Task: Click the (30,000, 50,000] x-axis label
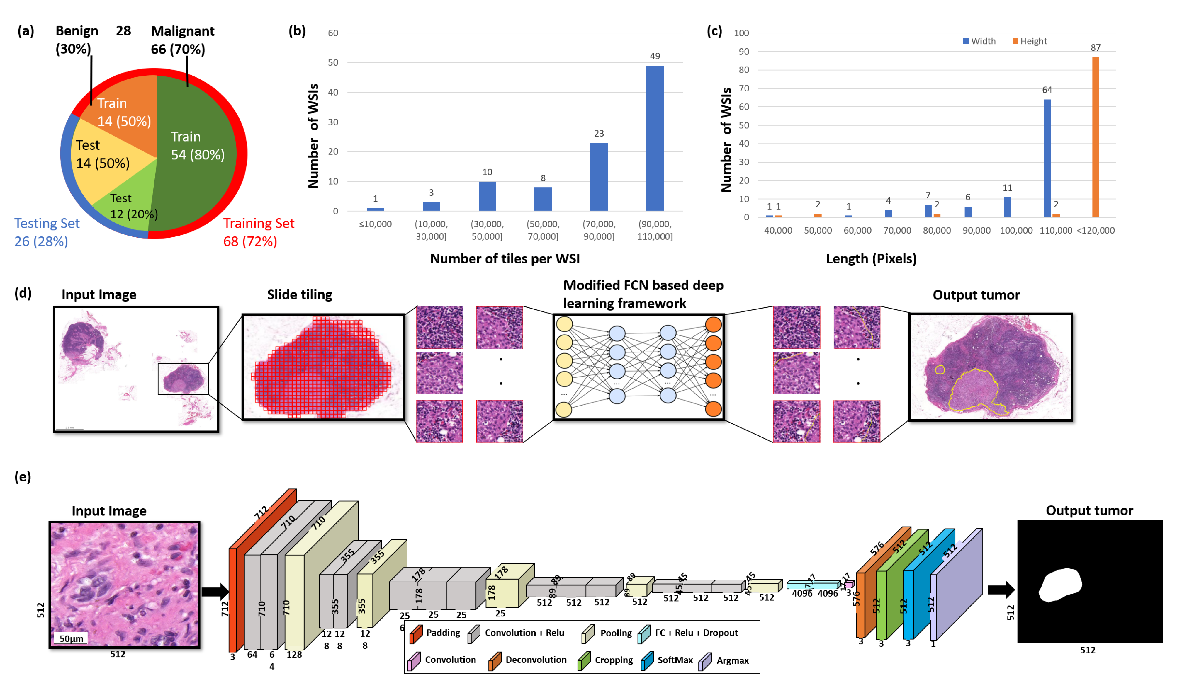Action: tap(487, 230)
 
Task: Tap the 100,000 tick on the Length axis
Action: tap(1016, 230)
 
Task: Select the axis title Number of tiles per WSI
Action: tap(505, 259)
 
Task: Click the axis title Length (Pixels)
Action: tap(871, 259)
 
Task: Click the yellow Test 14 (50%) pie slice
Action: tap(103, 155)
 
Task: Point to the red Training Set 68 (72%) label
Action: tap(259, 232)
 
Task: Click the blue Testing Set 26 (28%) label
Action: tap(47, 232)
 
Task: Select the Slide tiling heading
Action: tap(299, 294)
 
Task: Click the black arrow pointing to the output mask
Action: tap(1001, 590)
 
